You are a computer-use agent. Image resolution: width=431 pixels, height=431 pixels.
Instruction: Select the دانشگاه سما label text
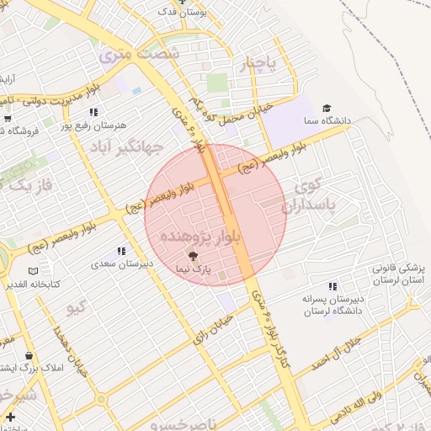(352, 120)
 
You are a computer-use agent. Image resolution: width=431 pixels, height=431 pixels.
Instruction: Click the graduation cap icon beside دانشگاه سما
(326, 108)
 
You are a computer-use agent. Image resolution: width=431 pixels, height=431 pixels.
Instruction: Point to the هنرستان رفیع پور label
(98, 125)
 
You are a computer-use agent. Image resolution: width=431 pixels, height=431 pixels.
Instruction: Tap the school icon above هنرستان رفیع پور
(94, 111)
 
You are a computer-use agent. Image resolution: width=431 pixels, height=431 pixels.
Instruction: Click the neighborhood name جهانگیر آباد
(152, 149)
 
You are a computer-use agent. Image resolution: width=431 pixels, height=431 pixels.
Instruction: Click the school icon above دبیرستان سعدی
(122, 251)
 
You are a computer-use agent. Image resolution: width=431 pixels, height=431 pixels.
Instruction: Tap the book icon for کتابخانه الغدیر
(33, 271)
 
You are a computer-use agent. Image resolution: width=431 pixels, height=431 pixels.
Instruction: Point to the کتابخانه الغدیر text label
(33, 285)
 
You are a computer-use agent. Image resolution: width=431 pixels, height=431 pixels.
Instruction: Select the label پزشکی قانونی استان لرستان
(398, 273)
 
